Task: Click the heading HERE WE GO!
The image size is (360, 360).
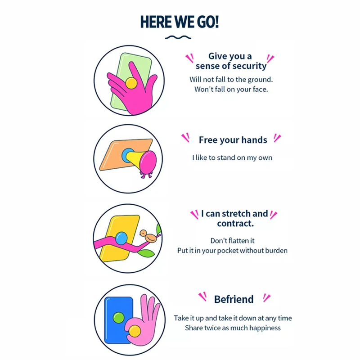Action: pos(180,22)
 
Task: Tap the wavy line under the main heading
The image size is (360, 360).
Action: pos(180,37)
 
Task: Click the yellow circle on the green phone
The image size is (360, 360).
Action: pos(131,83)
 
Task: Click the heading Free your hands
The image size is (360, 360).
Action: pos(233,140)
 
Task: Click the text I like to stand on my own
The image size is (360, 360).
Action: pos(232,157)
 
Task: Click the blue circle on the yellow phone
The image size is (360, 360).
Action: pos(121,237)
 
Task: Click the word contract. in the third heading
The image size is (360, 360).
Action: pos(235,224)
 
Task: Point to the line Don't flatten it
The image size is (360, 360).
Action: pos(232,241)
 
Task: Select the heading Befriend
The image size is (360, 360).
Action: pos(234,299)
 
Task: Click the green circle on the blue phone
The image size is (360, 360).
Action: pos(118,318)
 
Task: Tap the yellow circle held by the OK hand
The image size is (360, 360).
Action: pos(135,332)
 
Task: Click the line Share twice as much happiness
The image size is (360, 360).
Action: pos(233,328)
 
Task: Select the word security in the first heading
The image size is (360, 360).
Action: pos(249,66)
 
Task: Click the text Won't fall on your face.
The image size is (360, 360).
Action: pos(231,89)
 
